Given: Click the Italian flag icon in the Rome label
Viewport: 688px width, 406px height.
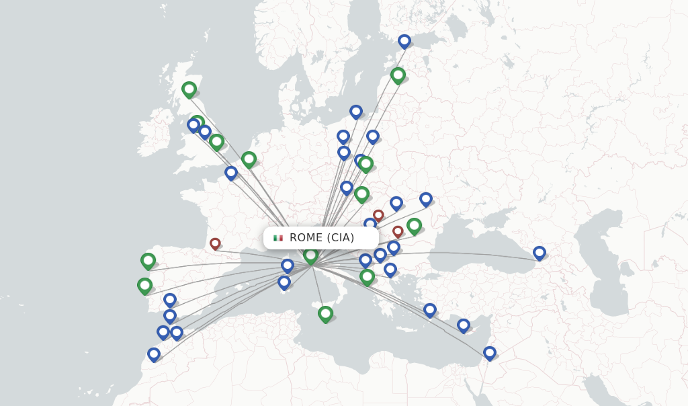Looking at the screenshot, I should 278,238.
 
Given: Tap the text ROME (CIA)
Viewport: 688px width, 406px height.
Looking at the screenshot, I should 322,238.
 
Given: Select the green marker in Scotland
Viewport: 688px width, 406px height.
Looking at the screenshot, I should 189,89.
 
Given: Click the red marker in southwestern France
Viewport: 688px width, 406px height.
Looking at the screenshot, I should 215,243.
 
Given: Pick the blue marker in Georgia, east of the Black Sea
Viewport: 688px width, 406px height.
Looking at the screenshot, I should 539,253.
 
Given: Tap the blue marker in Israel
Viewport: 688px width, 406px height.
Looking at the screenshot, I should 489,352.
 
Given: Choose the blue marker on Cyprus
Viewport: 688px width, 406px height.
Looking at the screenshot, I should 463,325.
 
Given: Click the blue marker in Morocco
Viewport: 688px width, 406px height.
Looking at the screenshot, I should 154,354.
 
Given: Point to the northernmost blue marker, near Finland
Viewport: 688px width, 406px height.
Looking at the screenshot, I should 404,41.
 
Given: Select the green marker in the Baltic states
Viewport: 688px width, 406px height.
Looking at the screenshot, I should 398,75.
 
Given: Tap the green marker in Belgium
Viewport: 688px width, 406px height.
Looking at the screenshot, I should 249,159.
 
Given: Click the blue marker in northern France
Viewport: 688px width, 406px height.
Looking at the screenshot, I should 231,173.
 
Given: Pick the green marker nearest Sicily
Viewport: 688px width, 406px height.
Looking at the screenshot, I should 325,313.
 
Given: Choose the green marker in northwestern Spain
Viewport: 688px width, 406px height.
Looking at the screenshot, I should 148,260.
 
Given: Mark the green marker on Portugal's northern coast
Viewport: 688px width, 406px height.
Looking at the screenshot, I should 144,285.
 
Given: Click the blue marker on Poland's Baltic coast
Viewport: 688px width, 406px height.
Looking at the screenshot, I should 356,112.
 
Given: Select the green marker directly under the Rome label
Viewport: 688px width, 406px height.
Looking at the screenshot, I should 310,255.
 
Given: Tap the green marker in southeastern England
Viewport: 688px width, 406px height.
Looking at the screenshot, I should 216,141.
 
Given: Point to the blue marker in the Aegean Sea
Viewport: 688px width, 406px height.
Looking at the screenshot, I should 430,310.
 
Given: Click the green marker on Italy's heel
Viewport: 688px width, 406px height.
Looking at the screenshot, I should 367,276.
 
